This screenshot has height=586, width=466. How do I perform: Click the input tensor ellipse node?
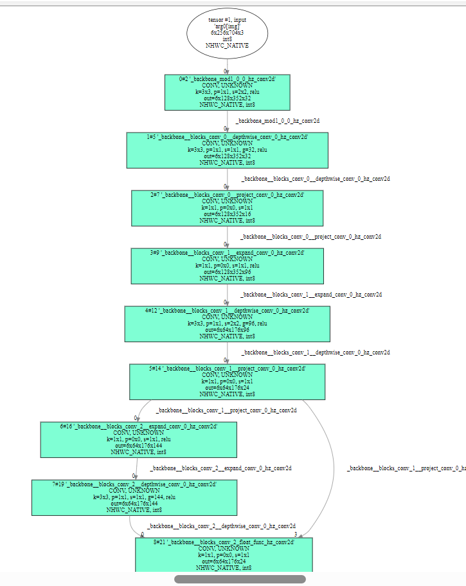point(227,33)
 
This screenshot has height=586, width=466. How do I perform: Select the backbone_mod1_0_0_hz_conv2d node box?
point(227,91)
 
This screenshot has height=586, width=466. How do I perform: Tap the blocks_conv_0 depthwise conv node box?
point(227,150)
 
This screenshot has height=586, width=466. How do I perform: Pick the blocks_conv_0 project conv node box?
point(227,208)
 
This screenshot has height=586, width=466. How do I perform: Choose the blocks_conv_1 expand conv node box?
point(227,266)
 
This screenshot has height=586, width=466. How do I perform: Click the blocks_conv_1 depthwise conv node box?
point(227,324)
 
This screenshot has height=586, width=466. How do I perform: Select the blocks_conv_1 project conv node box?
point(227,381)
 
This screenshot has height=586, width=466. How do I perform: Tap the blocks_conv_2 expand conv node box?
point(138,439)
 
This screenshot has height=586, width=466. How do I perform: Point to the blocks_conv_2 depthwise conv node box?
point(134,497)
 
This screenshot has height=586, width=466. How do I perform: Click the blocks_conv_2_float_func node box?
point(224,554)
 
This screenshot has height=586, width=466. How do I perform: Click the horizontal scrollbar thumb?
point(240,579)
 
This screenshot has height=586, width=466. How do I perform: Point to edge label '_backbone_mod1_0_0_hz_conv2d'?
point(277,121)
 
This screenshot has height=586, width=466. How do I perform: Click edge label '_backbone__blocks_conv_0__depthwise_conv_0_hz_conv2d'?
point(316,179)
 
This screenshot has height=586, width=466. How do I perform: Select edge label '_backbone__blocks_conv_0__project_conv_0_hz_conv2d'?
point(310,237)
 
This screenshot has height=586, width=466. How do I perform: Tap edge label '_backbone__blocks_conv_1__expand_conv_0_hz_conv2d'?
point(311,295)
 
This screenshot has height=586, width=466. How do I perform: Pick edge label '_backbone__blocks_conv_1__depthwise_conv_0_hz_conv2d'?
point(316,353)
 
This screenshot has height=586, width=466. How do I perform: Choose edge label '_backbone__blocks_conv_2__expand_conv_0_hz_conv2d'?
point(220,468)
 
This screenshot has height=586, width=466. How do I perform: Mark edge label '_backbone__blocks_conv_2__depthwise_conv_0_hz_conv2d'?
point(221,526)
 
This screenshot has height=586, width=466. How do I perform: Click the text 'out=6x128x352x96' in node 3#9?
point(227,271)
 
